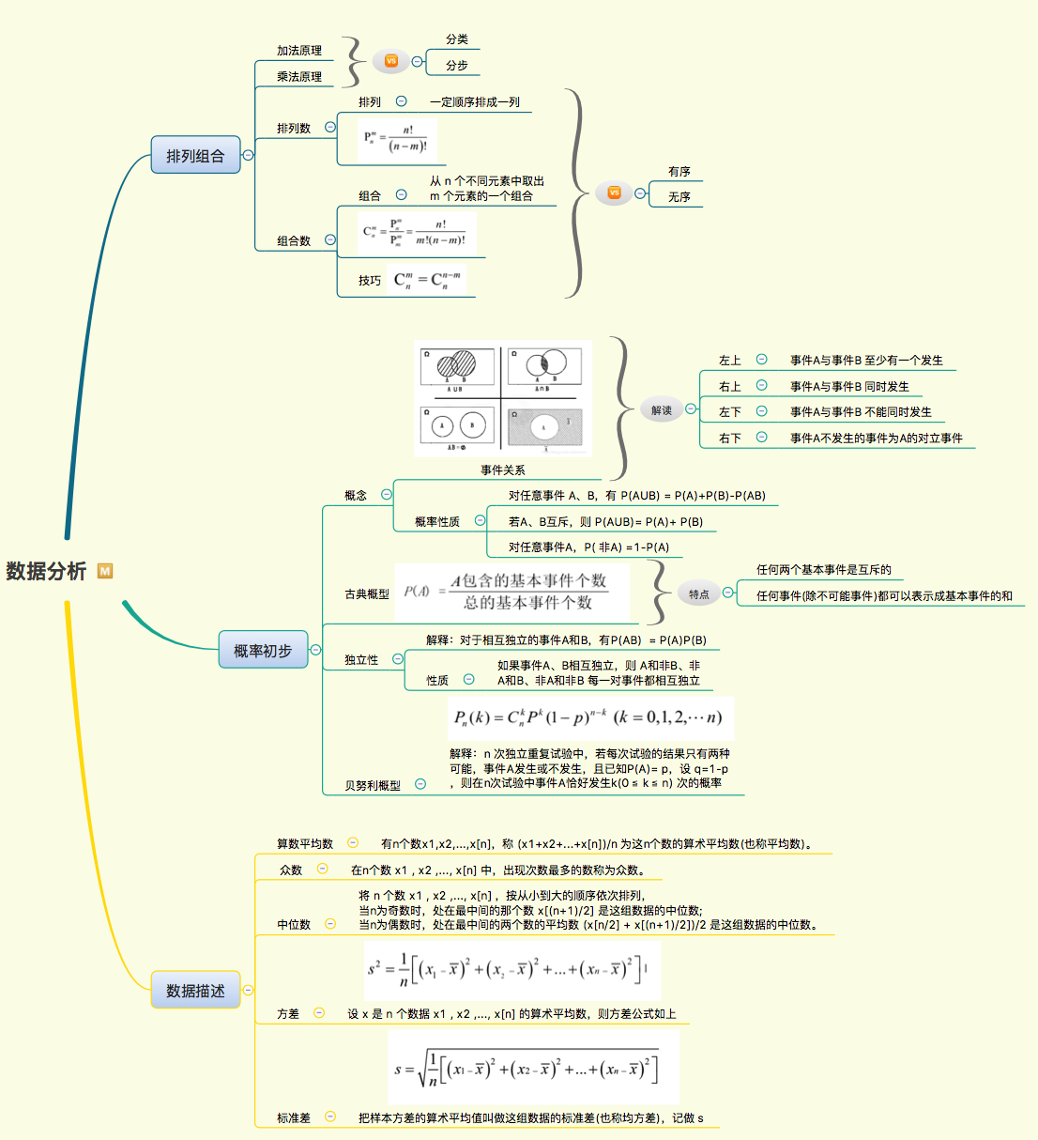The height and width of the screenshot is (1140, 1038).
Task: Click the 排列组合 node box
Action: point(195,155)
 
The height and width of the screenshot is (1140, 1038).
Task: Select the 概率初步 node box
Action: point(263,650)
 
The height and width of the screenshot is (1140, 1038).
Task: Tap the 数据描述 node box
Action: point(195,990)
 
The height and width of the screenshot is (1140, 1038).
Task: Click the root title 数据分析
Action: point(46,571)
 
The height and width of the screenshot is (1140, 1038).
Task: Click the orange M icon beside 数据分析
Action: point(105,571)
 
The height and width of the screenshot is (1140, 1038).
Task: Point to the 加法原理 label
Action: point(298,51)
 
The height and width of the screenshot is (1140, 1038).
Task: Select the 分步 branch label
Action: point(456,66)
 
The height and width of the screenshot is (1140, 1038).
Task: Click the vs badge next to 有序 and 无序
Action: point(614,193)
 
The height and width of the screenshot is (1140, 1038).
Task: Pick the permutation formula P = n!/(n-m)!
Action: point(397,140)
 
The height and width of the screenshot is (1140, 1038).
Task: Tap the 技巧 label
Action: point(369,281)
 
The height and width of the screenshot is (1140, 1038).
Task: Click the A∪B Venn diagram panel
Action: point(456,369)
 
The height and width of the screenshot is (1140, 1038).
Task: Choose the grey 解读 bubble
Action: point(662,410)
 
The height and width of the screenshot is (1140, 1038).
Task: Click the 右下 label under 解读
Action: point(729,438)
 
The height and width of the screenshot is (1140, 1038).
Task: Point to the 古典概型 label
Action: point(366,594)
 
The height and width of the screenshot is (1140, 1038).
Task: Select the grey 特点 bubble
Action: point(699,593)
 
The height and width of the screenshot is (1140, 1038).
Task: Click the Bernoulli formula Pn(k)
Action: point(588,718)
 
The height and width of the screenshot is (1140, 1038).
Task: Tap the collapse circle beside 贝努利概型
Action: point(420,784)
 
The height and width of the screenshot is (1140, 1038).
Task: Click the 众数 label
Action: point(291,870)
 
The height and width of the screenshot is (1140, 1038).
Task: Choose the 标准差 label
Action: point(293,1117)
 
